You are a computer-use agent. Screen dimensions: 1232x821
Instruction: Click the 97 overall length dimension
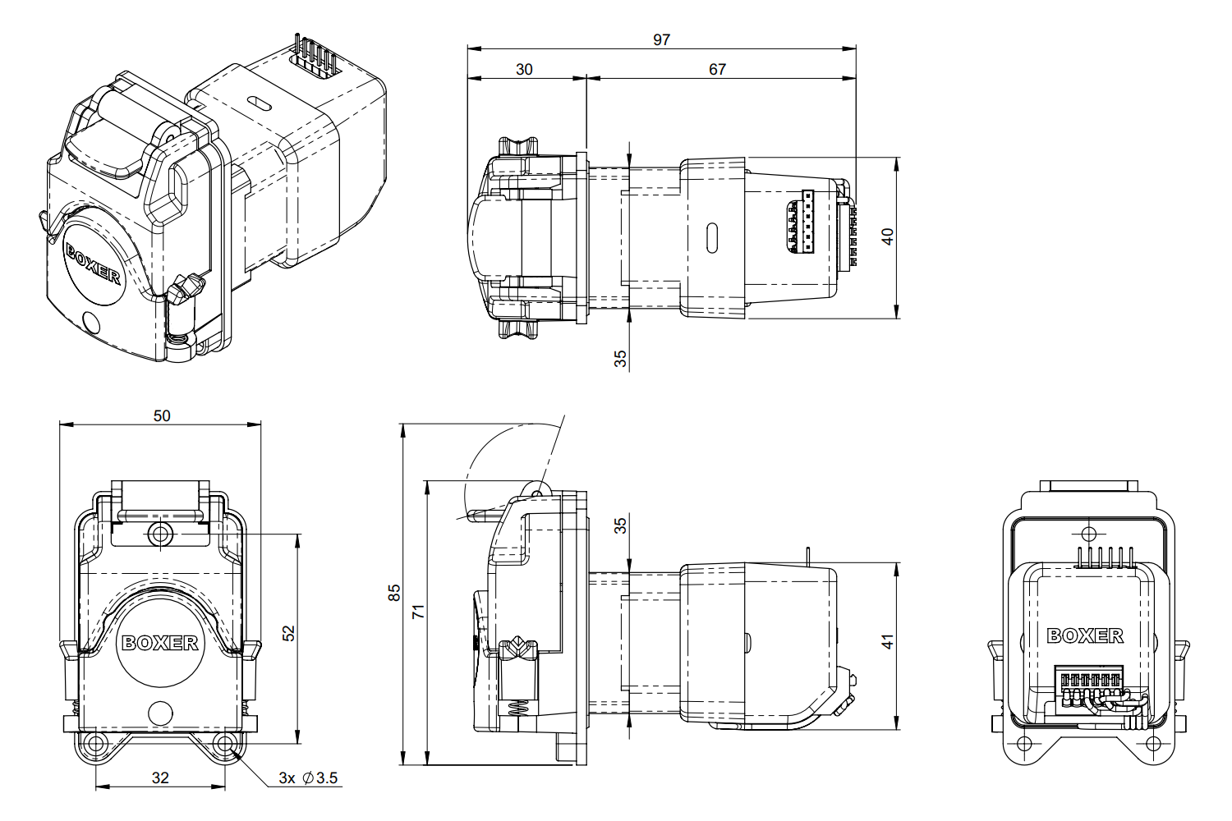click(x=661, y=39)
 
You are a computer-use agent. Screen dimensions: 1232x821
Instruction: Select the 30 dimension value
click(x=524, y=69)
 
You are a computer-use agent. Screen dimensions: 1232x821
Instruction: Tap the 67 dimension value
click(x=717, y=69)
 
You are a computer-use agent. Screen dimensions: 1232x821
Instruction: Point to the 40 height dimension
click(x=887, y=236)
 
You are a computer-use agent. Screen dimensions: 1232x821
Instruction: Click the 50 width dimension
click(x=162, y=415)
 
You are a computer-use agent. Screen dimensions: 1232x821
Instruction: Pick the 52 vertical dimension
click(x=288, y=634)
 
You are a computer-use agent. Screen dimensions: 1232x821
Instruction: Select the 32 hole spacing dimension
click(x=160, y=777)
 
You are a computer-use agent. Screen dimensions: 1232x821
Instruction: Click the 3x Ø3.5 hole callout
click(x=308, y=778)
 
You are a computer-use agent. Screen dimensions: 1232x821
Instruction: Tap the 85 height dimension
click(x=393, y=593)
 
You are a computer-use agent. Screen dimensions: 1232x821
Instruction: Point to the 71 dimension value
click(x=419, y=611)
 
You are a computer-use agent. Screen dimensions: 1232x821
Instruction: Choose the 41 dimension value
click(x=887, y=642)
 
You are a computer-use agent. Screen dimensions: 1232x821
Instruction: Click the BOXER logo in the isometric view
click(x=93, y=264)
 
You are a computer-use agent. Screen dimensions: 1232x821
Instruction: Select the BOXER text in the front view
click(x=159, y=643)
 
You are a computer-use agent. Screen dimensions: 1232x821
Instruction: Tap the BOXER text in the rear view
click(x=1085, y=635)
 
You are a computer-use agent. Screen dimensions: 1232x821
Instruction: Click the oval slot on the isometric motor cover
click(x=259, y=103)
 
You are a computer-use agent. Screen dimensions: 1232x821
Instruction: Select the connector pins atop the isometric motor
click(x=316, y=54)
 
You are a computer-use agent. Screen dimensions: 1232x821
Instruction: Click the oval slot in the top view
click(x=712, y=238)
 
